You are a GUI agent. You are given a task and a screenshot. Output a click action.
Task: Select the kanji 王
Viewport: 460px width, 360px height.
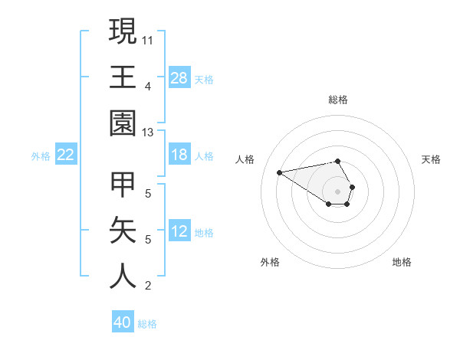tap(123, 77)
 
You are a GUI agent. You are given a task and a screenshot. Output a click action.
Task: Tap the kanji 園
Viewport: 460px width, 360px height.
tap(123, 123)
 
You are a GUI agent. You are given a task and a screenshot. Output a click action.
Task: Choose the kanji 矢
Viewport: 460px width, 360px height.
tap(123, 231)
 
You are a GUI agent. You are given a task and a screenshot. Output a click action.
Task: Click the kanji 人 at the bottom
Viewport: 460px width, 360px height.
tap(123, 277)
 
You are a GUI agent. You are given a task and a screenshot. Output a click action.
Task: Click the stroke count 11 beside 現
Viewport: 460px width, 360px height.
tap(148, 38)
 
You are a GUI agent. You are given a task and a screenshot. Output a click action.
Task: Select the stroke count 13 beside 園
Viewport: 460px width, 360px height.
tap(148, 133)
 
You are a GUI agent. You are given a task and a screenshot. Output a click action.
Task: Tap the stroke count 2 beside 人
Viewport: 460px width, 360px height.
tap(148, 286)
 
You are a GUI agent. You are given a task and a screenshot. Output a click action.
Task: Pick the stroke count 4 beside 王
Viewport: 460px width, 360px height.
tap(148, 86)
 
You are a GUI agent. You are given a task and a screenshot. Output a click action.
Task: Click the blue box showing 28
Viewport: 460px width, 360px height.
tap(179, 77)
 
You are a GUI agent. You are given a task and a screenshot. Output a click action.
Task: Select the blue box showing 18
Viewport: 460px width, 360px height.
tap(179, 155)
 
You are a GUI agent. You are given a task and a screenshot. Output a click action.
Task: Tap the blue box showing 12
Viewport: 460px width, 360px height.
tap(179, 231)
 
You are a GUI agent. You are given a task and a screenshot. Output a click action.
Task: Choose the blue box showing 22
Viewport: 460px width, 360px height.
tap(66, 155)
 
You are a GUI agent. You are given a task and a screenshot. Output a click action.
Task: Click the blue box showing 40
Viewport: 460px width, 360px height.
tap(123, 322)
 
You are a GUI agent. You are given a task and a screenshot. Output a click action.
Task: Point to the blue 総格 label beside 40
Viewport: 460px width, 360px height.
tap(147, 324)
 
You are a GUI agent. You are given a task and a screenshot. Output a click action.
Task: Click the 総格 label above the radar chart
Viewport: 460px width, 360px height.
tap(337, 100)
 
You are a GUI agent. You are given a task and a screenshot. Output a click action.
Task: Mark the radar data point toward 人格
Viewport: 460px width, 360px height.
tap(280, 172)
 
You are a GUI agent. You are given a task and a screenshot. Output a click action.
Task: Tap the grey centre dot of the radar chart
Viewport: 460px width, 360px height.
tap(337, 191)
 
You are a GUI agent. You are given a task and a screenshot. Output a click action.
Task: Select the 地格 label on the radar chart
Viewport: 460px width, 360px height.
tap(402, 262)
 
